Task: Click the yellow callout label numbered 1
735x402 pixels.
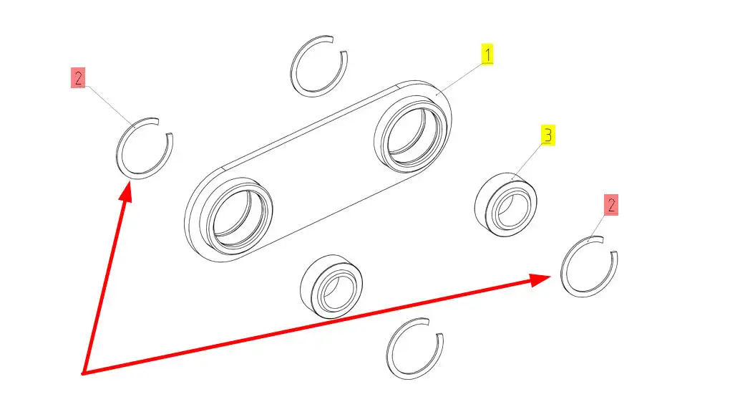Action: pyautogui.click(x=487, y=55)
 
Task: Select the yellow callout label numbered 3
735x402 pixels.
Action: pyautogui.click(x=547, y=135)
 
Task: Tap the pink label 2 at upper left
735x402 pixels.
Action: pyautogui.click(x=78, y=77)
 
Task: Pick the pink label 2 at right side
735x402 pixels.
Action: pyautogui.click(x=610, y=206)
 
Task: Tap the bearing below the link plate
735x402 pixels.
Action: pyautogui.click(x=331, y=285)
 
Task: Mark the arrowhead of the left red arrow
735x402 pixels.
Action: pyautogui.click(x=126, y=188)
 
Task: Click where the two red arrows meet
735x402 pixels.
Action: pyautogui.click(x=84, y=373)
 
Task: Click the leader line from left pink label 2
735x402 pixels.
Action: pyautogui.click(x=107, y=102)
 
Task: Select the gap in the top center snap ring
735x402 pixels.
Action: pyautogui.click(x=339, y=44)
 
